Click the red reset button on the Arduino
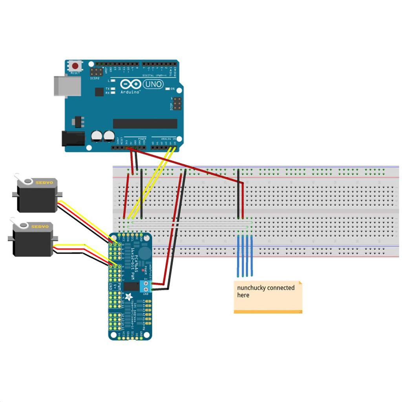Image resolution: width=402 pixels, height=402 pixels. pos(75,65)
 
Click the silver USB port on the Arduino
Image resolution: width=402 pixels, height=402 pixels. pos(67,86)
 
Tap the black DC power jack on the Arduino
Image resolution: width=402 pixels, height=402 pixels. pos(73,138)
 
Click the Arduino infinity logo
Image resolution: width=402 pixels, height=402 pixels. pos(131,84)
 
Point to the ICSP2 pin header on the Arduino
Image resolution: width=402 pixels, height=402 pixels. pos(96,72)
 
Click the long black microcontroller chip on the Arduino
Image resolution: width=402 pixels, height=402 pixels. pos(145,124)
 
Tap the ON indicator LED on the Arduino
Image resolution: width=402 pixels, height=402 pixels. pos(167,89)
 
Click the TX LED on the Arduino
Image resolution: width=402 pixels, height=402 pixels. pos(113,89)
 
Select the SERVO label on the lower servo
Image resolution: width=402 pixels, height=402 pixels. pos(40,227)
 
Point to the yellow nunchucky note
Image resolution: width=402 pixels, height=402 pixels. pos(268,297)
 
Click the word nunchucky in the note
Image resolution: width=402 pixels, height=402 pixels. pos(252,288)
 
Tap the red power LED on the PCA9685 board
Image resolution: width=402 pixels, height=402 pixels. pos(143,271)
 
